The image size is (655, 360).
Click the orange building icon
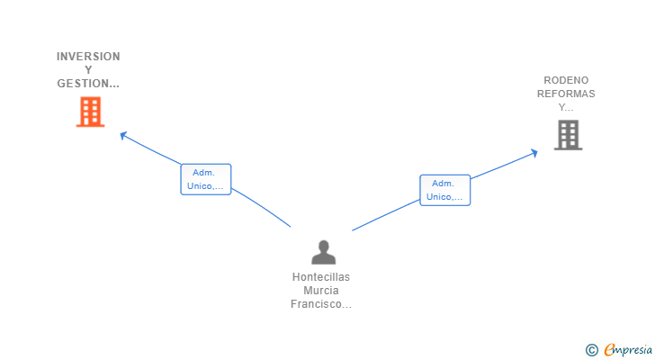click(x=90, y=112)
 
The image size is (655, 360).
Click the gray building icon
click(x=568, y=135)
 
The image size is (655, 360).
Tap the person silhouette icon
click(x=323, y=253)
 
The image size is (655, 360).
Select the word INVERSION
click(x=88, y=57)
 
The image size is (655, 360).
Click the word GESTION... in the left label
click(x=88, y=84)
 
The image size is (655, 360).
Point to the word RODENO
click(x=566, y=80)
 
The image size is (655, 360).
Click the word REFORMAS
click(x=566, y=94)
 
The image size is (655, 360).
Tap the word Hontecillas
click(x=321, y=277)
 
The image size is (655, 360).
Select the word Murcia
click(x=321, y=291)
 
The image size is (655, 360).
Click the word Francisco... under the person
click(x=321, y=304)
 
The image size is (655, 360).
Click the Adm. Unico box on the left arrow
click(x=206, y=179)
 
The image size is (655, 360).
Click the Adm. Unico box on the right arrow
click(x=444, y=190)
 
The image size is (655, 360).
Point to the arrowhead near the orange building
click(x=123, y=135)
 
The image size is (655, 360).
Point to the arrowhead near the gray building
click(x=534, y=152)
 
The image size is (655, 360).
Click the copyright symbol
click(x=591, y=350)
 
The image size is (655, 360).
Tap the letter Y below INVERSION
click(x=88, y=70)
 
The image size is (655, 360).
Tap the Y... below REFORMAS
click(x=566, y=107)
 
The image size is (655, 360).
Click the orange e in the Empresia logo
click(x=609, y=350)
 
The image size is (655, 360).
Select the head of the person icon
click(x=323, y=246)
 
